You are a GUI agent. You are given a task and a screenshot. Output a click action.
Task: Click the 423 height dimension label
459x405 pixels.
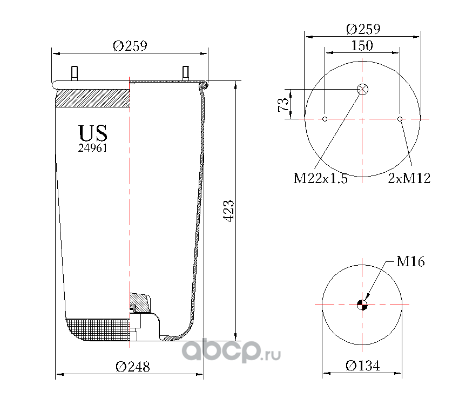tap(229, 211)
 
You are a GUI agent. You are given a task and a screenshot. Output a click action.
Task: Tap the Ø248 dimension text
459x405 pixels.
tap(133, 367)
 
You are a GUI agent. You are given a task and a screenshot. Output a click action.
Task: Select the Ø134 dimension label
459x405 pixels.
tap(363, 366)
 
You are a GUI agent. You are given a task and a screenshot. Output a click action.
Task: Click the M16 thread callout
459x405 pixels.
tap(410, 261)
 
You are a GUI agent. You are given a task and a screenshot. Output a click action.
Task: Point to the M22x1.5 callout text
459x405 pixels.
tap(321, 178)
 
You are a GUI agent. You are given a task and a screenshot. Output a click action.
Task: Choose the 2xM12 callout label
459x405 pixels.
tap(409, 178)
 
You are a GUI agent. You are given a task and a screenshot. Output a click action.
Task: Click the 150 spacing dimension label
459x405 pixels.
tap(362, 46)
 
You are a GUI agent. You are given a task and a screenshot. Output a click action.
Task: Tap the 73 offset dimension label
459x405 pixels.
tap(283, 104)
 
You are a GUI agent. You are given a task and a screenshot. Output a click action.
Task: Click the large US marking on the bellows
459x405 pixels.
tap(93, 133)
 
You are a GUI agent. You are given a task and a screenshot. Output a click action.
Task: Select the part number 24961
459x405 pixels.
tap(92, 148)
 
